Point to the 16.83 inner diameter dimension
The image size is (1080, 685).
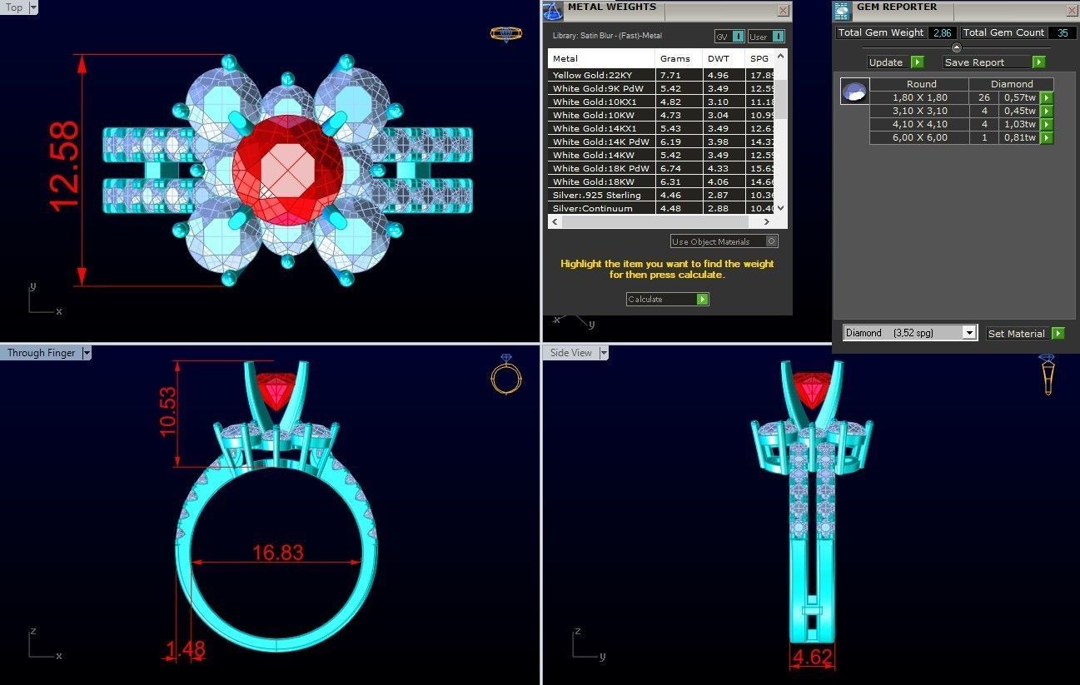pos(278,552)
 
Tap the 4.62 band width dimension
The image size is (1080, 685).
pos(813,658)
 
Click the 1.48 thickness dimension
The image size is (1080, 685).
pos(185,649)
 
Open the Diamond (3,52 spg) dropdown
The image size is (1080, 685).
pos(909,333)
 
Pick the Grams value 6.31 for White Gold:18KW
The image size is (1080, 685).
pos(670,181)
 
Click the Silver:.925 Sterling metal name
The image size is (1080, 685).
pos(597,195)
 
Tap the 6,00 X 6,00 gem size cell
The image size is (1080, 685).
pos(919,137)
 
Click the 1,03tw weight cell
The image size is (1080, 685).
pos(1019,124)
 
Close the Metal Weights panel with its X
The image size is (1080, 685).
pos(783,11)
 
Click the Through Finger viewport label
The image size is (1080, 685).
pos(42,353)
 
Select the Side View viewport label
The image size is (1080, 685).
pos(571,353)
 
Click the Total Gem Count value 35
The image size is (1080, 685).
pos(1062,32)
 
